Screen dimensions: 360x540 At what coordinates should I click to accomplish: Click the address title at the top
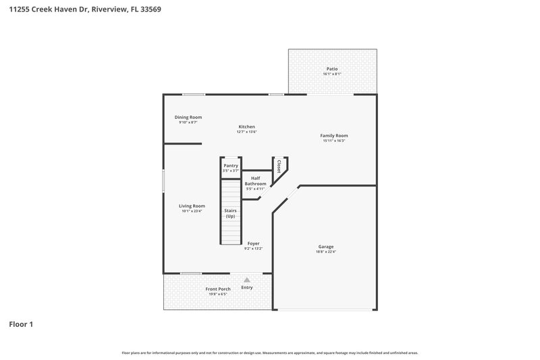pyautogui.click(x=84, y=10)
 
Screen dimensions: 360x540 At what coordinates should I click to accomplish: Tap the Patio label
pyautogui.click(x=331, y=68)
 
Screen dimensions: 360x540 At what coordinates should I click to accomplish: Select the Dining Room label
pyautogui.click(x=188, y=117)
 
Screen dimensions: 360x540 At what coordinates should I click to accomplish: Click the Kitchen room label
pyautogui.click(x=246, y=126)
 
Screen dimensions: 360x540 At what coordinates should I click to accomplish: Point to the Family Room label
pyautogui.click(x=334, y=135)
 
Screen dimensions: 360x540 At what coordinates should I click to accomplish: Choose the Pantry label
pyautogui.click(x=231, y=165)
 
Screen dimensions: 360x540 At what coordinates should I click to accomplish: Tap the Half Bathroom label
pyautogui.click(x=255, y=181)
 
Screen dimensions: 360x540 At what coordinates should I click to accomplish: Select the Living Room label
pyautogui.click(x=192, y=206)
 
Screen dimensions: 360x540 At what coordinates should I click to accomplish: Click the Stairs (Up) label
pyautogui.click(x=231, y=213)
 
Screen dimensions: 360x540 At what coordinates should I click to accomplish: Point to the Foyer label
pyautogui.click(x=253, y=243)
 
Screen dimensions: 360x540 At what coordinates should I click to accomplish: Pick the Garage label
pyautogui.click(x=326, y=247)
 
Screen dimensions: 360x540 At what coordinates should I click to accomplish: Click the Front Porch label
pyautogui.click(x=218, y=289)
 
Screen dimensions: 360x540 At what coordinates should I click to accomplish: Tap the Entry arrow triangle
pyautogui.click(x=247, y=280)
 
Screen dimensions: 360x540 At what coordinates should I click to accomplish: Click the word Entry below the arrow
pyautogui.click(x=247, y=288)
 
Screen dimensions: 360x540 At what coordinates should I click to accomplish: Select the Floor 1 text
pyautogui.click(x=21, y=325)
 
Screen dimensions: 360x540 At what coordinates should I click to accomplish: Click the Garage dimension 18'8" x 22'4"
pyautogui.click(x=326, y=252)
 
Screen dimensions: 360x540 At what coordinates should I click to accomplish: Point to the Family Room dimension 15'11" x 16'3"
pyautogui.click(x=334, y=140)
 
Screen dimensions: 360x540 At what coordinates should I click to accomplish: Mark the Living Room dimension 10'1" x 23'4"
pyautogui.click(x=192, y=211)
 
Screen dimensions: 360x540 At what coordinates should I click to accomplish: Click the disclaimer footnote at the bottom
pyautogui.click(x=270, y=353)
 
